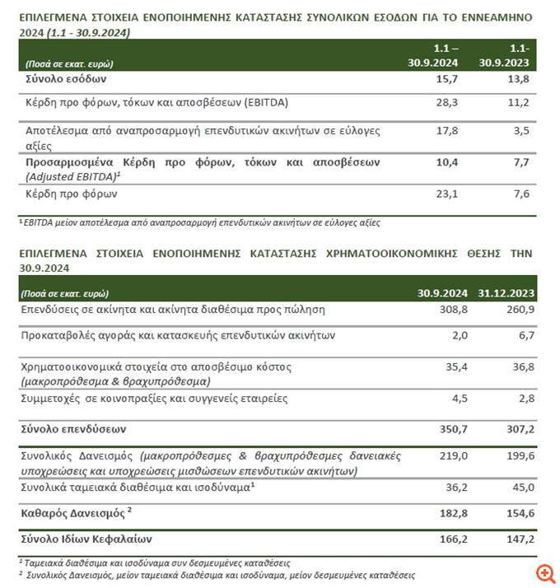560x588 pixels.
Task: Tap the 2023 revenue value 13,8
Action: tap(518, 79)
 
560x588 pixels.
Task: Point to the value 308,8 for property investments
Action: tap(451, 310)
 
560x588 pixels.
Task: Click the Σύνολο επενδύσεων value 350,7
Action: tap(451, 429)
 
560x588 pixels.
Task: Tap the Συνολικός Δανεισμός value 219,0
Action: tap(452, 455)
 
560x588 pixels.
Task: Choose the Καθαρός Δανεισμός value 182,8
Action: tap(451, 513)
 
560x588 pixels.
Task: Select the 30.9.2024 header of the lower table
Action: tap(443, 293)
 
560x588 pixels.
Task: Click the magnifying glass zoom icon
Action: tap(544, 572)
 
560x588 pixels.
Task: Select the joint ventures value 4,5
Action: tap(456, 399)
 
